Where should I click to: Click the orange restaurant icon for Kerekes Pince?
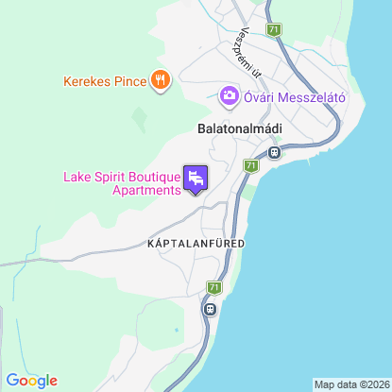pos(161,81)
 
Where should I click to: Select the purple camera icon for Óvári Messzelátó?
pos(229,95)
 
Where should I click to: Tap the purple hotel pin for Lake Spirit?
pos(196,178)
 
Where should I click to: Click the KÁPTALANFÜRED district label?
pos(196,244)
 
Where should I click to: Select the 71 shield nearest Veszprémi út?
pos(274,30)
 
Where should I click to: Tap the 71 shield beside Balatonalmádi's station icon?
pos(250,165)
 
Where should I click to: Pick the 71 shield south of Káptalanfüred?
pos(214,287)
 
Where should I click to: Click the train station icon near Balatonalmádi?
pos(274,151)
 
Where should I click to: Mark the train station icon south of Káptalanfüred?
pos(210,308)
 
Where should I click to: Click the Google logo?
pos(32,381)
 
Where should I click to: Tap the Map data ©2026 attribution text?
pos(351,384)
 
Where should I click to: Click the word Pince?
pos(130,82)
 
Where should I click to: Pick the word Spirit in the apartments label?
pos(113,176)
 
